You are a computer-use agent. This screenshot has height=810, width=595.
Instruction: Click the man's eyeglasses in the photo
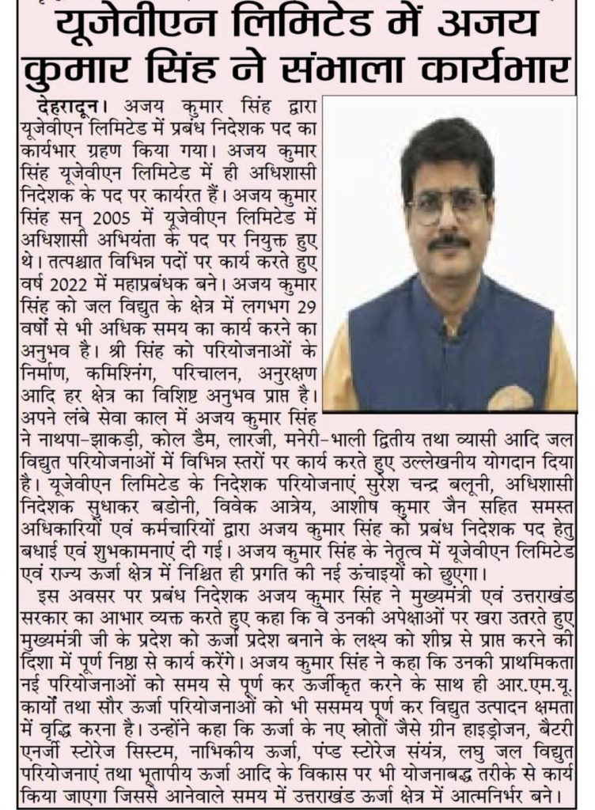pos(446,204)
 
